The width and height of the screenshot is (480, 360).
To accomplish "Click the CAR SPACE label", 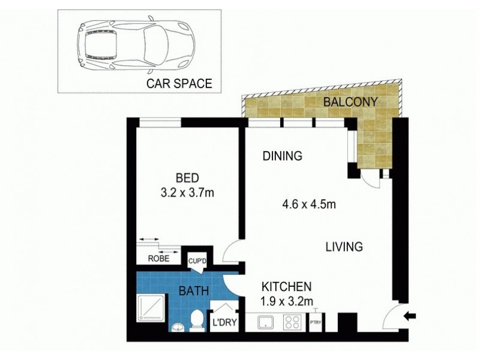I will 179,83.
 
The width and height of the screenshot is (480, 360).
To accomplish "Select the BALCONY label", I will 350,102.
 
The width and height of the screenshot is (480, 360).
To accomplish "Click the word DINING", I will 281,157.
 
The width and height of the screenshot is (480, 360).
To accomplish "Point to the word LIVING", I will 344,247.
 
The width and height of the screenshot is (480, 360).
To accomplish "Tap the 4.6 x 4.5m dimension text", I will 308,205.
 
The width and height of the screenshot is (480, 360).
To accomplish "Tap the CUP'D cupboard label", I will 198,260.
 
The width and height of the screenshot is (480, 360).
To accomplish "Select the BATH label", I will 194,292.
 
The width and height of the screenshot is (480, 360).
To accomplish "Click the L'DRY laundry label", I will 223,325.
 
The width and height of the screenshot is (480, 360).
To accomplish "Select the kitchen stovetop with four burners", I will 293,322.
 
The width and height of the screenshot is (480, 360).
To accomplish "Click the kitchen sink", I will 266,322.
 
